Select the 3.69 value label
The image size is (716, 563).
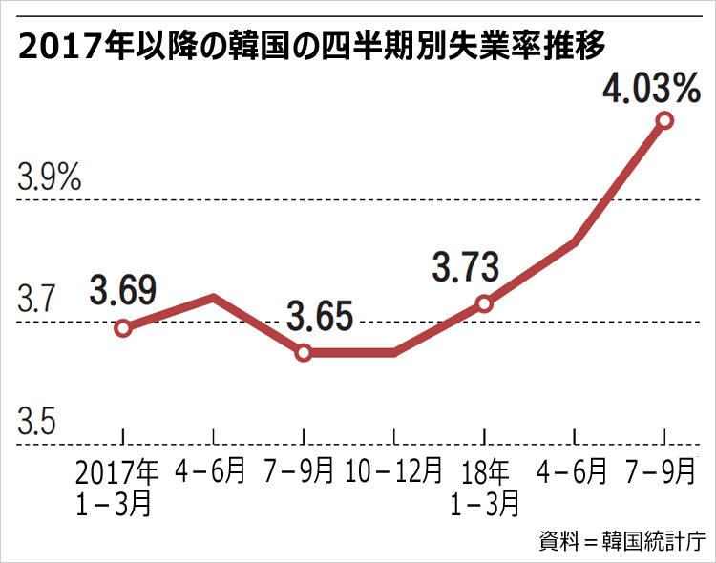[123, 288]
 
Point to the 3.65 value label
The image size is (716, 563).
[320, 315]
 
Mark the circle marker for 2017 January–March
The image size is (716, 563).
[122, 328]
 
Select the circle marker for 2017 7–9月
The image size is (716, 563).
[304, 353]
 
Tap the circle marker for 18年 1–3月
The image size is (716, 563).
[484, 303]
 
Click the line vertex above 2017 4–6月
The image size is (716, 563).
[213, 298]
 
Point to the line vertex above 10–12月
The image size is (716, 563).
[393, 353]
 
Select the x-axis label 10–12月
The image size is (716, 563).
[393, 470]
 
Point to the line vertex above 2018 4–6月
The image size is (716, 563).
[575, 242]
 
